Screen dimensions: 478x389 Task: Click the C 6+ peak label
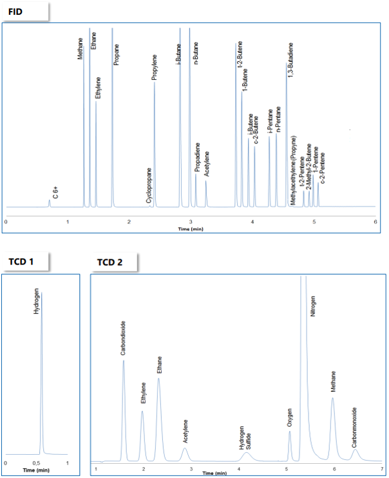[x=56, y=192]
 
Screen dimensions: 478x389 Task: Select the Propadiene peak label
[x=196, y=157]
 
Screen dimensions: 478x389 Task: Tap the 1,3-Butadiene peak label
[x=290, y=62]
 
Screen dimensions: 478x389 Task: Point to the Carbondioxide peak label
[x=123, y=338]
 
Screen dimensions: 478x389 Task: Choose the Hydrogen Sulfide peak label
[x=245, y=437]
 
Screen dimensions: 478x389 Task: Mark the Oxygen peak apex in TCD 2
[x=290, y=432]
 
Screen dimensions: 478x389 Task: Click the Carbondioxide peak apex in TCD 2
[x=124, y=361]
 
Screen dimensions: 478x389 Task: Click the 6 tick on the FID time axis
[x=375, y=221]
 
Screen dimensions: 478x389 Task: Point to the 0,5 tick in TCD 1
[x=37, y=463]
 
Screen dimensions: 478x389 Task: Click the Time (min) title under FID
[x=191, y=229]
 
